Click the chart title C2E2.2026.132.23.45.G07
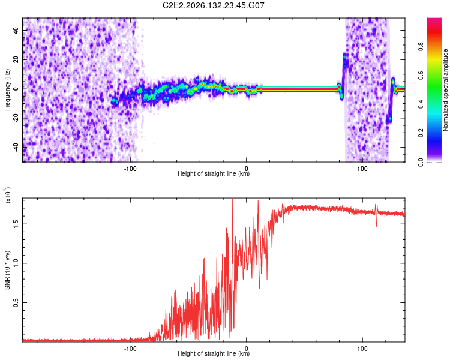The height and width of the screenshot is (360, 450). coord(213,5)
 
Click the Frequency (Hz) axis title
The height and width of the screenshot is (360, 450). coord(7,90)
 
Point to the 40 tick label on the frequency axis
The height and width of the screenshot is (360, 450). coord(16,30)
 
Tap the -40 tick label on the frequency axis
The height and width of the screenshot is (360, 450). coord(16,148)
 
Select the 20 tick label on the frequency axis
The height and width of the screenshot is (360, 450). coord(16,59)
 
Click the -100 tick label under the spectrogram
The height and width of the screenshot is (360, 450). coord(130,169)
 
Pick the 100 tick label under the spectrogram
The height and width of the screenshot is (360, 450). coord(362,169)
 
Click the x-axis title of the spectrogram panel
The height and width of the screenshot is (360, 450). coord(214,173)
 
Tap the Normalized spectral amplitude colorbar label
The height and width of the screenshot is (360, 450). coord(445,90)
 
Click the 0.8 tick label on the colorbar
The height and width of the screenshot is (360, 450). coord(421,47)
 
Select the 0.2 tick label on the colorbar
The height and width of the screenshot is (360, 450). coord(421,133)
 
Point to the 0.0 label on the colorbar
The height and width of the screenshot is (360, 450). coord(421,162)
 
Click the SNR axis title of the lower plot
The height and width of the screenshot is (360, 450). coord(7,270)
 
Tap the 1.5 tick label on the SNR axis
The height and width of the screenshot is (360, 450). coord(16,224)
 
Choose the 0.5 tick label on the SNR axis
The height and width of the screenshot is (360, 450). coord(16,302)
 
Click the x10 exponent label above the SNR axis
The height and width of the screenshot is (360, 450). coord(8,195)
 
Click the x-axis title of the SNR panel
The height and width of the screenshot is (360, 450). coord(214,353)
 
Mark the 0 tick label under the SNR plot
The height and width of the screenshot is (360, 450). coord(246,349)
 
